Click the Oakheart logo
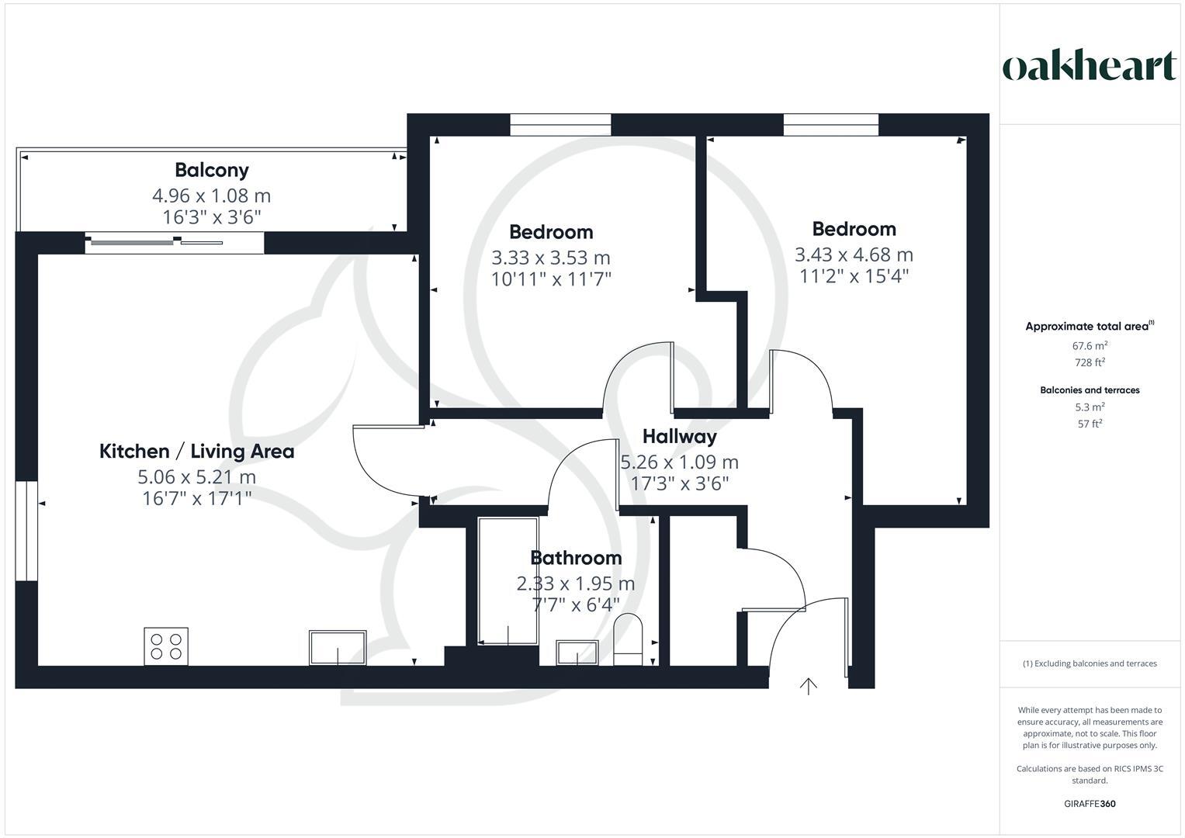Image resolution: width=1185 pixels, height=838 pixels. [1090, 66]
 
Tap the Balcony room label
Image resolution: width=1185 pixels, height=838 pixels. [211, 170]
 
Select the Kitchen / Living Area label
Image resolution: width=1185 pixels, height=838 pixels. [196, 451]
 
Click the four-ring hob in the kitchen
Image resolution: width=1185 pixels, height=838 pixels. [166, 646]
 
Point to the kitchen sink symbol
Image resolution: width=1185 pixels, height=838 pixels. [338, 648]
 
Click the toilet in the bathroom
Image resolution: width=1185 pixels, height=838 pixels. [628, 640]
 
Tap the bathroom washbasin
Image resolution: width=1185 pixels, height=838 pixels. [577, 653]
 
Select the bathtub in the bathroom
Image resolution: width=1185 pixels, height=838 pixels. [508, 581]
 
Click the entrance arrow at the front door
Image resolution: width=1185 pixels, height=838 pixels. [809, 686]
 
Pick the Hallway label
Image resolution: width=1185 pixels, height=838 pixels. [679, 437]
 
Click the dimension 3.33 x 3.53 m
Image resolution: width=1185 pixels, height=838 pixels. [550, 258]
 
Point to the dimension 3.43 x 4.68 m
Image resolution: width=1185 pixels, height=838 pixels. [854, 255]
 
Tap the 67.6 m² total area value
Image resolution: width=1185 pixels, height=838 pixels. [1090, 346]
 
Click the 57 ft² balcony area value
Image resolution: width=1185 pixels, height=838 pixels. [1090, 424]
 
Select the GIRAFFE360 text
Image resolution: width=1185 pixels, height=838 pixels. [1090, 804]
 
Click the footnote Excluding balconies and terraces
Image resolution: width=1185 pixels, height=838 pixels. [1090, 663]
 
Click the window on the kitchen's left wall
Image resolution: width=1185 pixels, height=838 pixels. [26, 531]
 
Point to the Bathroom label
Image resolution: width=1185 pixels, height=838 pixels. [576, 558]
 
